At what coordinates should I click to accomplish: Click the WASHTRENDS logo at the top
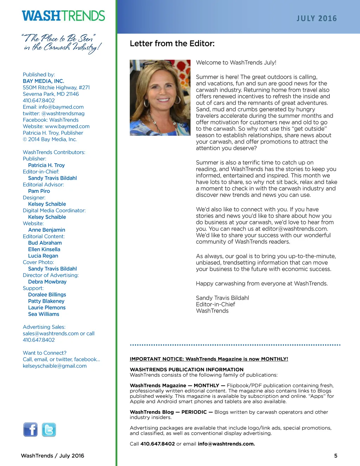coord(63,16)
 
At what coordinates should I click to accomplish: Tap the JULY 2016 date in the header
coord(316,18)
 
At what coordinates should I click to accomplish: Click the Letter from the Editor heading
coord(172,44)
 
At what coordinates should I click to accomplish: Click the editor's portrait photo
coord(160,98)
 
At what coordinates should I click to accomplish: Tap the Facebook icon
coord(31,429)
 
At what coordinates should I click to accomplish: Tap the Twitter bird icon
coord(49,429)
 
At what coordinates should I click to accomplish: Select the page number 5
coord(335,456)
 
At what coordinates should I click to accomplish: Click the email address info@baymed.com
coord(61,107)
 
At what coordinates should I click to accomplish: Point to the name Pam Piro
coord(39,191)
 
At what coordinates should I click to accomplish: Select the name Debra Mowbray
coord(47,282)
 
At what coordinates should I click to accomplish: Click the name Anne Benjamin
coord(46,230)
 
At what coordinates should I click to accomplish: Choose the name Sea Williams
coord(44,314)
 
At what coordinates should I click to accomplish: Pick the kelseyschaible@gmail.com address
coord(54,366)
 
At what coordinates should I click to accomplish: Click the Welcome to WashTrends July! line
coord(236,63)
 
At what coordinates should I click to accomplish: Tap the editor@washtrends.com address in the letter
coord(295,229)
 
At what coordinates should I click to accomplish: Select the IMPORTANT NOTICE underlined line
coord(209,359)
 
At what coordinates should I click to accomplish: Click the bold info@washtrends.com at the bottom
coord(226,444)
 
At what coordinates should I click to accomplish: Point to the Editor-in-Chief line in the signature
coord(215,304)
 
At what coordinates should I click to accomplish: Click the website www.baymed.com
coord(67,126)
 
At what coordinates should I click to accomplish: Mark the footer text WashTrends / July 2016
coord(52,456)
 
